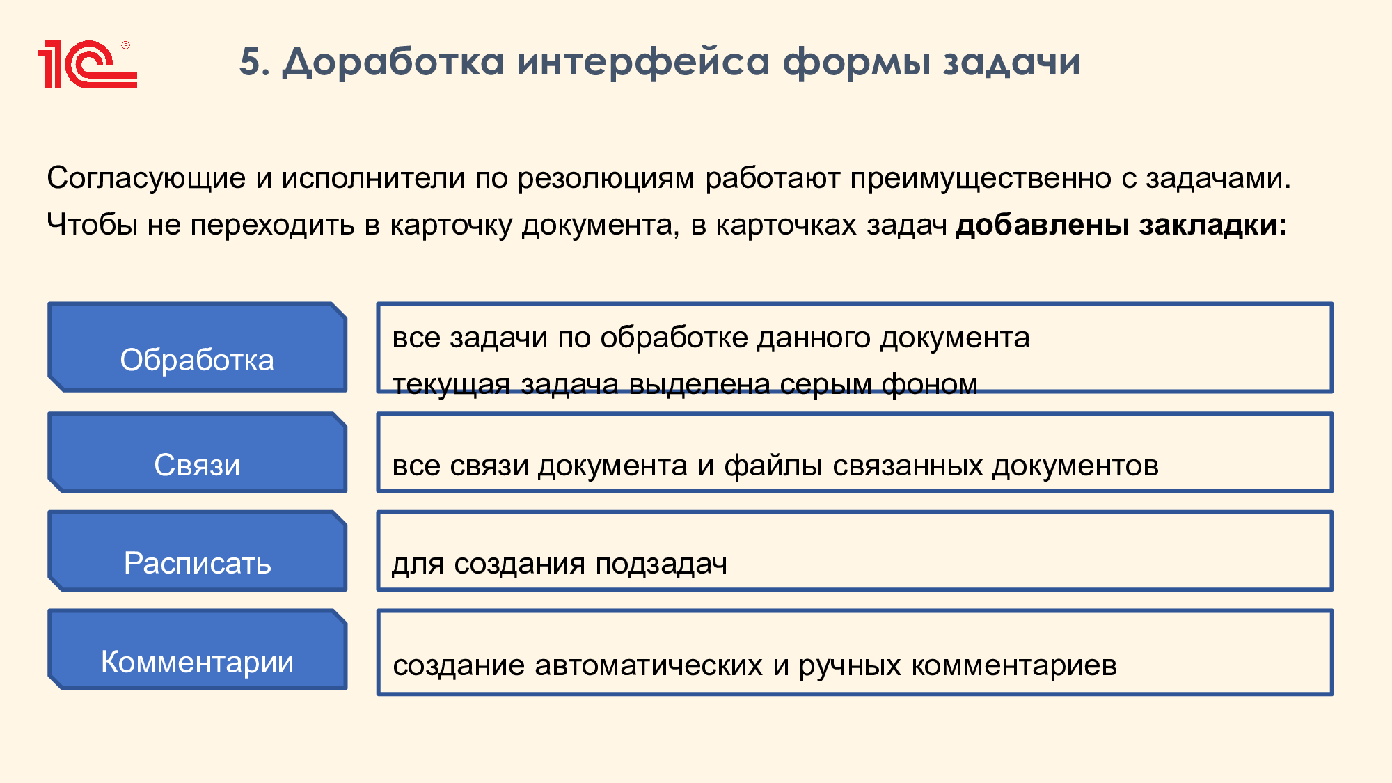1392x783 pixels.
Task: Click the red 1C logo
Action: pos(88,65)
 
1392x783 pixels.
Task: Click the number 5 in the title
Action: pos(250,61)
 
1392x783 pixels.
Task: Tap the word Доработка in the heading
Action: pos(393,63)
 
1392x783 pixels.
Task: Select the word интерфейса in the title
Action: pos(644,62)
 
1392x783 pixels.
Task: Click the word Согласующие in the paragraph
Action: pos(146,179)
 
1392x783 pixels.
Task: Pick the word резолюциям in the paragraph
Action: pos(606,179)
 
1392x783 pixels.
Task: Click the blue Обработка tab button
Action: pos(197,347)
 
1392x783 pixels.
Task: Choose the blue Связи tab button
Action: pos(197,452)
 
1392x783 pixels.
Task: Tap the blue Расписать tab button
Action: pos(197,551)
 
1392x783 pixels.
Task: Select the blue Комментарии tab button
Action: pos(197,650)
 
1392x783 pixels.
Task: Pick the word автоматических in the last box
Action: pos(649,665)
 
